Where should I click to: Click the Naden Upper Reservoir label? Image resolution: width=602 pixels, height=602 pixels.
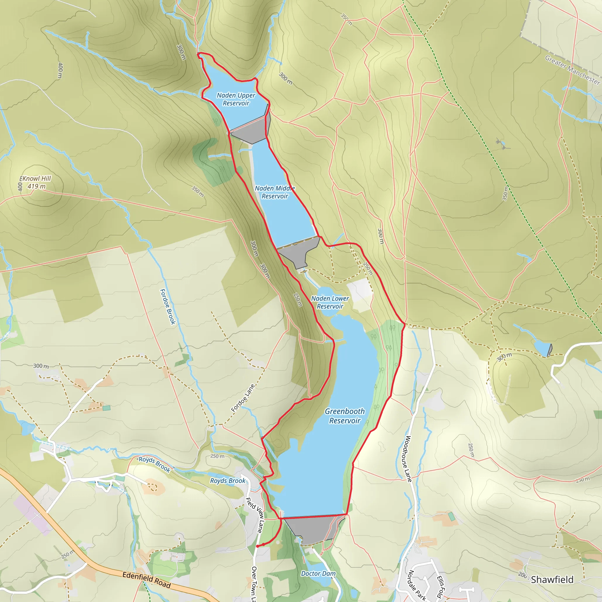[x=236, y=99]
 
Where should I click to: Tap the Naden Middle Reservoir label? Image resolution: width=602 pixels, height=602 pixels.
[x=275, y=192]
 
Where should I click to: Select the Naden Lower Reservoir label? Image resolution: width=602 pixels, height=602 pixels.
[x=330, y=302]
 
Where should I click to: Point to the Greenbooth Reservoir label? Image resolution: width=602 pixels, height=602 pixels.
[x=345, y=416]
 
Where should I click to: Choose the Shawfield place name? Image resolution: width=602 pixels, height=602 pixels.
[x=552, y=580]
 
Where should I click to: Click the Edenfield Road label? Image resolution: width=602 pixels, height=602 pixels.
[x=146, y=580]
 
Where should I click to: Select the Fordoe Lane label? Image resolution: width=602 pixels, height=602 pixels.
[x=243, y=398]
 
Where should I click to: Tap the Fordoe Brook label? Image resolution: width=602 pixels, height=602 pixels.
[x=168, y=307]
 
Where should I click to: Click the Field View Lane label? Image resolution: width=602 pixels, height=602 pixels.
[x=255, y=515]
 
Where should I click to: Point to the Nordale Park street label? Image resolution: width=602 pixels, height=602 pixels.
[x=417, y=585]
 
